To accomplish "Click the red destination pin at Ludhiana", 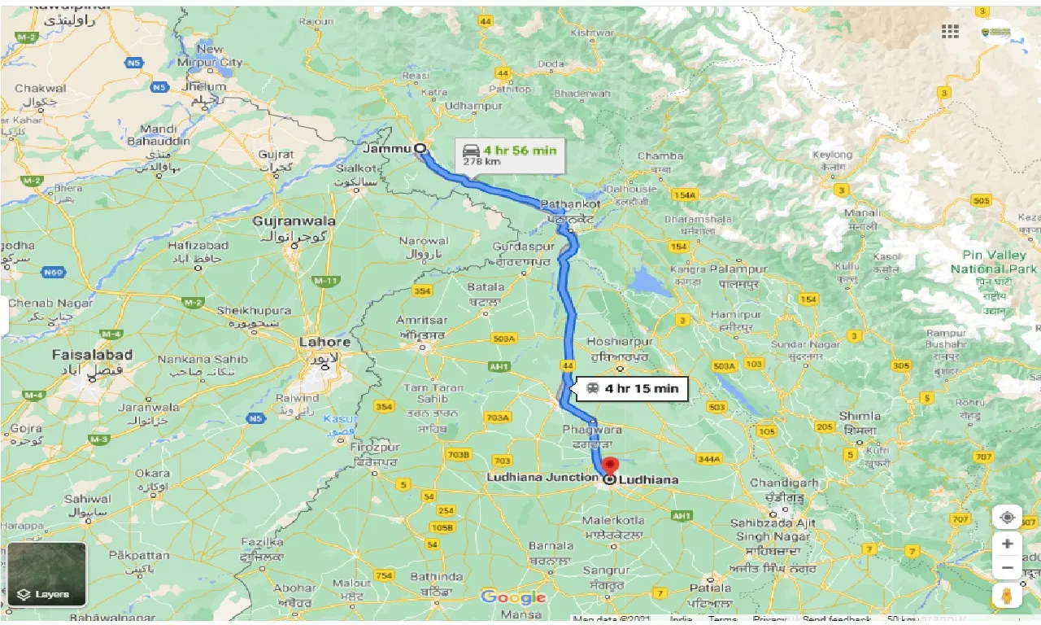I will pos(610,466).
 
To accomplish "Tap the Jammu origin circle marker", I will pos(420,148).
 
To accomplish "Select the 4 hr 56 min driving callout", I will pos(509,154).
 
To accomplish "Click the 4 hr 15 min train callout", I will pos(631,389).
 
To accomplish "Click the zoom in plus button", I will pos(1007,543).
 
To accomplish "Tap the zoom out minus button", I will pos(1007,567).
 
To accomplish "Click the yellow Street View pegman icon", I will pos(1007,596).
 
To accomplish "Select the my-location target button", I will pos(1007,518).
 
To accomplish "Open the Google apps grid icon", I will pos(950,31).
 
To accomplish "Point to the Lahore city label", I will pos(324,342).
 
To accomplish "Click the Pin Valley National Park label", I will pos(994,262).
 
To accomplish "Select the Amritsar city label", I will pos(421,321).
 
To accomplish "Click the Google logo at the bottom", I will pos(512,597).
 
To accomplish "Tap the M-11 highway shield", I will pos(326,281).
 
